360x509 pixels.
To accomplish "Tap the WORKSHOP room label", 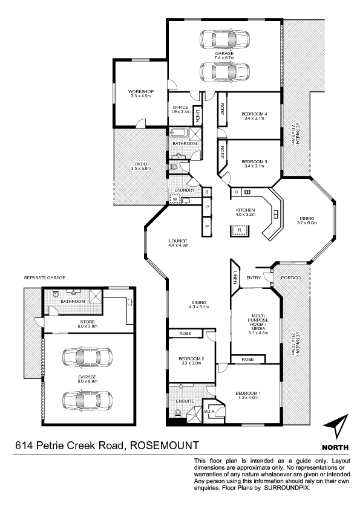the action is (x=141, y=91).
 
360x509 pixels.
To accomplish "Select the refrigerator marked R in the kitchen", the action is (x=240, y=230).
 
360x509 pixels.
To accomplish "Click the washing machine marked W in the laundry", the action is (x=175, y=199).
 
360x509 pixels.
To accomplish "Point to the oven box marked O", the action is (x=236, y=192).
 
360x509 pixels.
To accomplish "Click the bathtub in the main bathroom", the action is (x=178, y=133).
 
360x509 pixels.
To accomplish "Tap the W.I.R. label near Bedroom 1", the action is (x=209, y=412).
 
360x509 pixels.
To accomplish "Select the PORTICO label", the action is (x=291, y=278).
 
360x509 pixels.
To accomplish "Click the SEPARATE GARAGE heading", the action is (x=45, y=278).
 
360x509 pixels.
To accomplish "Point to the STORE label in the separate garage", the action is (x=87, y=322).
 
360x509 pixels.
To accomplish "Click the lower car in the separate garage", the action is (x=87, y=401).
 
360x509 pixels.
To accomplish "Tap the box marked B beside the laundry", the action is (x=207, y=192).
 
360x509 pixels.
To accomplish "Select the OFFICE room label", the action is (x=180, y=107).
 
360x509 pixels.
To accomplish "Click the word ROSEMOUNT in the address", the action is (x=165, y=446).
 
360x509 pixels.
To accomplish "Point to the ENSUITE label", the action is (x=185, y=401).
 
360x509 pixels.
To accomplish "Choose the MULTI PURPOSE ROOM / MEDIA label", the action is (x=258, y=322).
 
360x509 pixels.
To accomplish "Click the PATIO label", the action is (x=141, y=164).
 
